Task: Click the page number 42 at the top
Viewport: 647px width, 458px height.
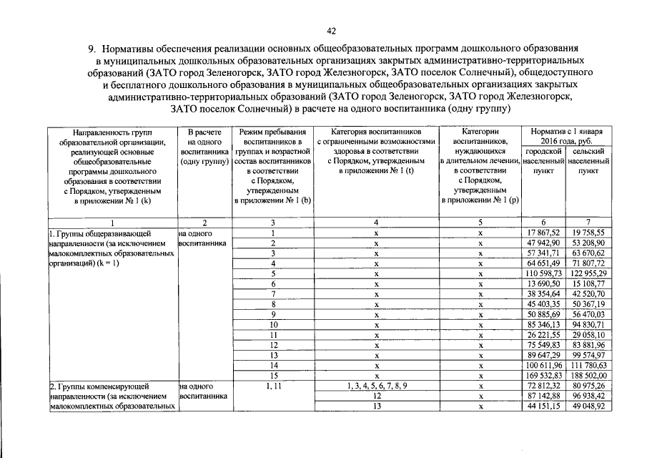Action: coord(331,30)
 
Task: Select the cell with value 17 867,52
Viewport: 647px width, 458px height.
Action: coord(545,233)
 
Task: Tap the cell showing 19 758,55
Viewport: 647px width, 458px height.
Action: coord(589,233)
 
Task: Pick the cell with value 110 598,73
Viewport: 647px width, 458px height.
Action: coord(545,274)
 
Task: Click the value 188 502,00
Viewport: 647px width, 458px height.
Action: coord(589,374)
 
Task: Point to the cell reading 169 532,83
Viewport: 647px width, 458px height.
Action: coord(545,374)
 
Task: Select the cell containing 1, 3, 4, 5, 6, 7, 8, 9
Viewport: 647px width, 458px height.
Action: coord(376,386)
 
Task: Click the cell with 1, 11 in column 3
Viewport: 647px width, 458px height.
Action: coord(273,386)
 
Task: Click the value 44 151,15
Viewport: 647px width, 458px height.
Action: coord(545,406)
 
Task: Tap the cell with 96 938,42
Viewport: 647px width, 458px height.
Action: coord(589,396)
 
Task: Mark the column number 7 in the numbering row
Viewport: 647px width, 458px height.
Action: coord(589,223)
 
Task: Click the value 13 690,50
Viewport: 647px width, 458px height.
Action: coord(545,284)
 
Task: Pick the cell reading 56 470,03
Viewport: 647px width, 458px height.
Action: coord(589,314)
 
